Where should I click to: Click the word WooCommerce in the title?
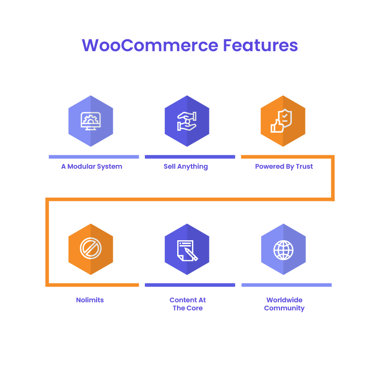149,45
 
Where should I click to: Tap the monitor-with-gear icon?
90,121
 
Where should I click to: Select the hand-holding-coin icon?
187,121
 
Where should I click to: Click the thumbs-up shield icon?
282,121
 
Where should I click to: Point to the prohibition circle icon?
90,249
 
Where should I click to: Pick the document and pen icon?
187,249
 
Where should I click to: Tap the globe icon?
283,249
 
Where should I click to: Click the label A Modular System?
91,166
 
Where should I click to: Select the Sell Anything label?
186,166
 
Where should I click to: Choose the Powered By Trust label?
284,166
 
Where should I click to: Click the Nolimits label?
90,300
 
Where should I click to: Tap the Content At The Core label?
188,304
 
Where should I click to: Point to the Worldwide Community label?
284,304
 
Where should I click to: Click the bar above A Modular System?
94,157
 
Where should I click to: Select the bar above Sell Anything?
190,157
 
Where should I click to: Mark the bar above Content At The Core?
190,285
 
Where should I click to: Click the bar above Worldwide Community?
286,285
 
